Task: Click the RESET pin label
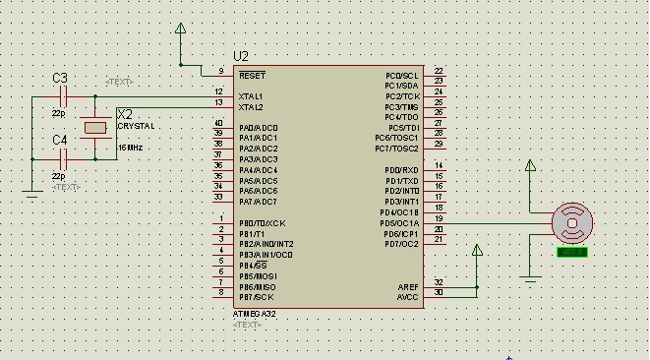click(x=252, y=75)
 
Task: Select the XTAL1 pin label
click(x=251, y=95)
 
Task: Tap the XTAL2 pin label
click(x=251, y=106)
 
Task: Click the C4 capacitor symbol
click(x=63, y=157)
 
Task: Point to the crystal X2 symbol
click(x=95, y=127)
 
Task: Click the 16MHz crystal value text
click(x=130, y=147)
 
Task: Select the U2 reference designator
click(x=241, y=56)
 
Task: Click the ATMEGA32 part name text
click(x=254, y=313)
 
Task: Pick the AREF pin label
click(x=407, y=286)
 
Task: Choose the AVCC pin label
click(x=407, y=296)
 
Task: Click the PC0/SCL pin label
click(x=402, y=75)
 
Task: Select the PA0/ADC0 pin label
click(x=259, y=128)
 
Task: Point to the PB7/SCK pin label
click(x=256, y=296)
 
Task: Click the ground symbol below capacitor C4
click(x=32, y=195)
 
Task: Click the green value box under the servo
click(x=571, y=253)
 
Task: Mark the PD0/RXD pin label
click(x=402, y=170)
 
